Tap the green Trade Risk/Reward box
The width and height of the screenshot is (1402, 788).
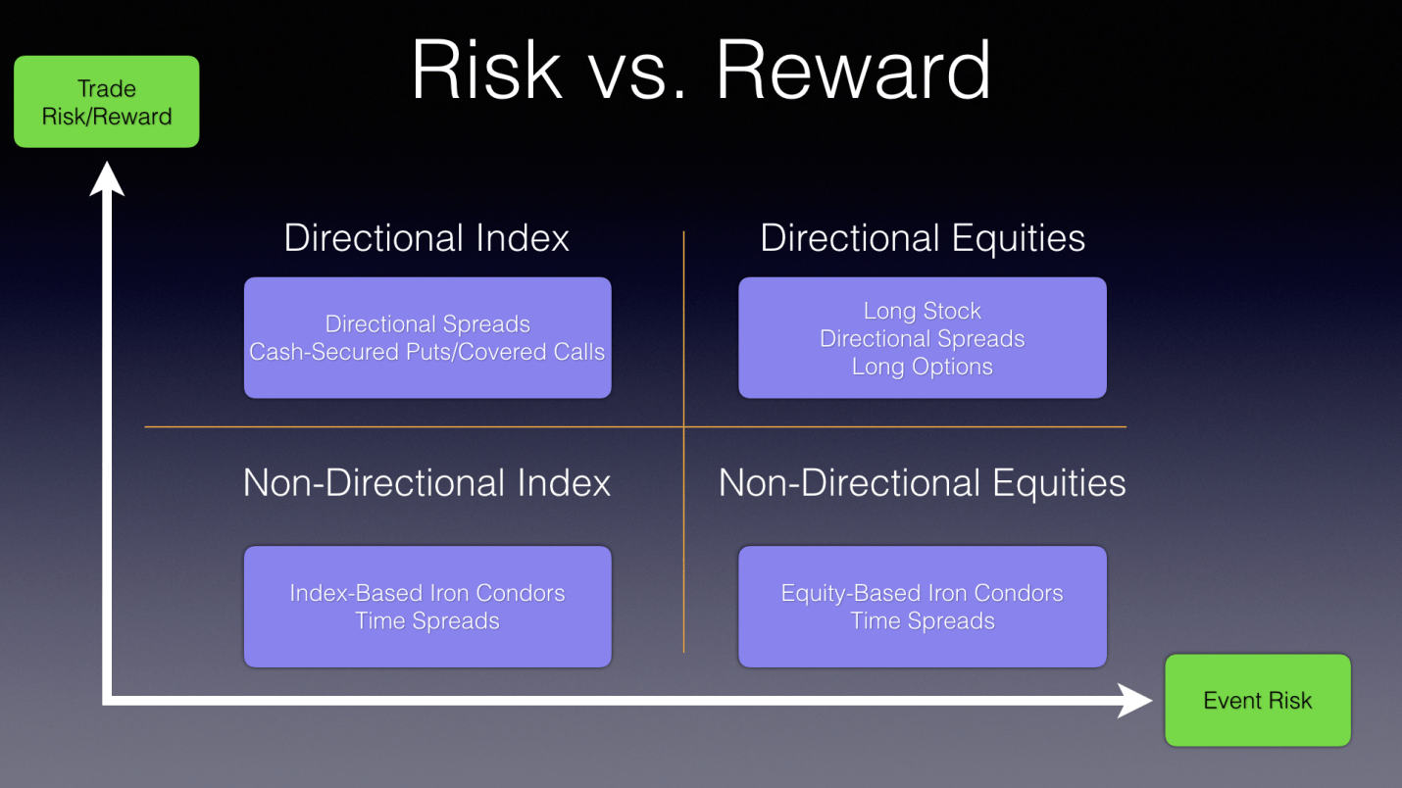[x=107, y=101]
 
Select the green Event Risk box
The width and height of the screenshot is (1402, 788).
[x=1258, y=701]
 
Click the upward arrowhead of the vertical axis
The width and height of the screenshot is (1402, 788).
[x=107, y=178]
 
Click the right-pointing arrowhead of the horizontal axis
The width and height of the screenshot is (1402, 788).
[x=1134, y=701]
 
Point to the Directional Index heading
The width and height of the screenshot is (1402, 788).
[x=426, y=238]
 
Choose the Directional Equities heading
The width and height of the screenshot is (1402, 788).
[x=923, y=238]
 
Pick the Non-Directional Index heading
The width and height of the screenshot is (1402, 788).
[x=426, y=483]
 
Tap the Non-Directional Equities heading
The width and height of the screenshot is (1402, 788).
[x=922, y=484]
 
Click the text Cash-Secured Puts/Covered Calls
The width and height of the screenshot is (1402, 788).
[x=426, y=352]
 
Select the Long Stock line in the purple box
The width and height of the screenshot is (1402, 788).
[x=923, y=311]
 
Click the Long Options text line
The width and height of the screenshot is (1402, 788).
[x=923, y=367]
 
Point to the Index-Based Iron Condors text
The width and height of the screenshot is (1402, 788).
[x=426, y=593]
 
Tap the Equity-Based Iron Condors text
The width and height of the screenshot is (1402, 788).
[x=922, y=593]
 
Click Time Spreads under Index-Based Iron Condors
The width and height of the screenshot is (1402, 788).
[x=426, y=620]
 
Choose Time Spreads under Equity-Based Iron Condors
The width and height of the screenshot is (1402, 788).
[x=922, y=620]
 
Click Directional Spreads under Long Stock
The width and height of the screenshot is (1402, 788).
[x=923, y=338]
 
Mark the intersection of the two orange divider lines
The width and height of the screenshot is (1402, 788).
[x=683, y=427]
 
